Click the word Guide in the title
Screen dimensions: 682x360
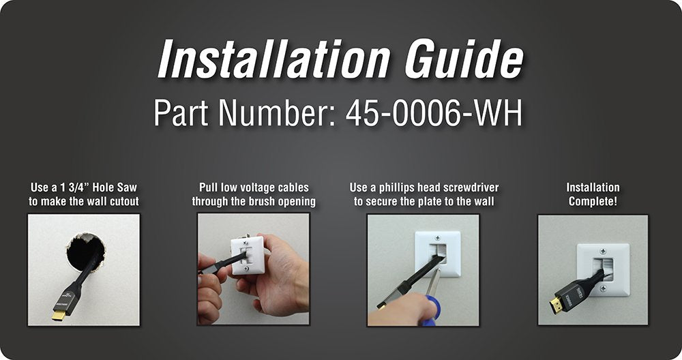464,59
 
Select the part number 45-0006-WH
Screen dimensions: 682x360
434,113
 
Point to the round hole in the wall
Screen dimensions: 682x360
86,252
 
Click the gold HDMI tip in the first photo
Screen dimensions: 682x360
58,314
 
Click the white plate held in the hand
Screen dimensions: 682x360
248,254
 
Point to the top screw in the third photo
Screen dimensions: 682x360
437,238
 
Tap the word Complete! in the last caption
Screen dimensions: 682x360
593,201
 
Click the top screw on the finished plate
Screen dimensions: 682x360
603,252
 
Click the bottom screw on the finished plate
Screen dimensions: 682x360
603,288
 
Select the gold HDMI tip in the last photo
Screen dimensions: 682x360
555,305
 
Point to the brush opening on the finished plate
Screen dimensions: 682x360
603,269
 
